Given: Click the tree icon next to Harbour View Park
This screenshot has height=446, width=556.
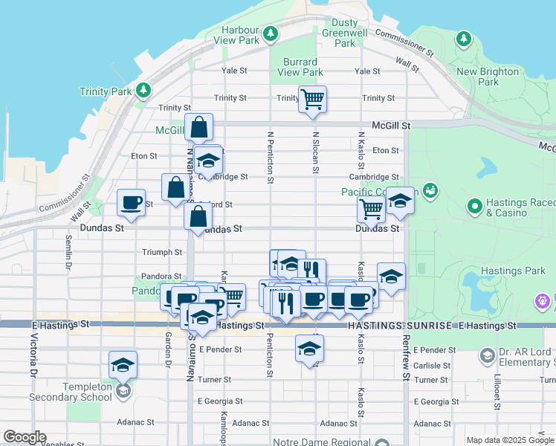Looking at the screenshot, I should (x=271, y=33).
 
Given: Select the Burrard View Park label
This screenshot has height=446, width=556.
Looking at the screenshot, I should (x=300, y=67).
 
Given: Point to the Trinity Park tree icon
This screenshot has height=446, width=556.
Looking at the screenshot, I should (x=143, y=91).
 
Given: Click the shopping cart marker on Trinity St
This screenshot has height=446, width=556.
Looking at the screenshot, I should (x=312, y=98).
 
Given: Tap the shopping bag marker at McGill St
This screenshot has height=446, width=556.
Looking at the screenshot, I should (x=199, y=127).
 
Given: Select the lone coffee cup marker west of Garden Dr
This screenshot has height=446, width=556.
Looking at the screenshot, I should (x=132, y=203).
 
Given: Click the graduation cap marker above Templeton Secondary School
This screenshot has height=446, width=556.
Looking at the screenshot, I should (x=123, y=364).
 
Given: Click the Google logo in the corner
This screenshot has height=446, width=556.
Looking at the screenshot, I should (x=24, y=437).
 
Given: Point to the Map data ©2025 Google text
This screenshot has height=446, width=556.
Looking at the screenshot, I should (x=509, y=440).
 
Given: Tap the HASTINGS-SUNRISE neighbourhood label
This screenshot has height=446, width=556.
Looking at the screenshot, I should (x=366, y=326).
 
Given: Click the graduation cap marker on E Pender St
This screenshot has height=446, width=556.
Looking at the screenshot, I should (x=309, y=348).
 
